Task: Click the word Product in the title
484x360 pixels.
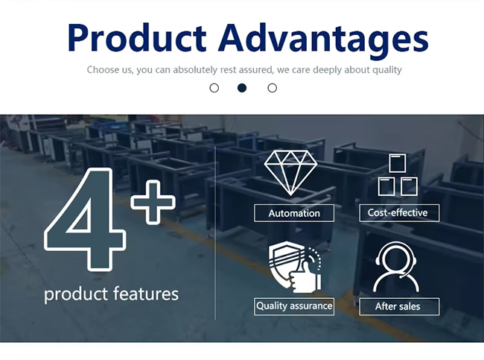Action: [x=137, y=37]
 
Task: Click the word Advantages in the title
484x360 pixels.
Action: [x=323, y=40]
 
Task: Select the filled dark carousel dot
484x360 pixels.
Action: [x=242, y=88]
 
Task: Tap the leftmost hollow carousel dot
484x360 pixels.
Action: [x=214, y=88]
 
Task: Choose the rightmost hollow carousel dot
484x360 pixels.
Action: [x=273, y=88]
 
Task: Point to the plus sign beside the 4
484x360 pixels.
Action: [x=153, y=202]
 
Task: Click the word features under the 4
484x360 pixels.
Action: [x=145, y=293]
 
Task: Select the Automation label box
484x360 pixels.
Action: [x=294, y=213]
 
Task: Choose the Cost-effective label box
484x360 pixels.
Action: [x=399, y=212]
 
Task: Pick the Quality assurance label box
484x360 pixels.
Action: [x=294, y=306]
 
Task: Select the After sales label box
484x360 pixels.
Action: [x=399, y=306]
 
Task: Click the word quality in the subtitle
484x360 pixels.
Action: [x=387, y=70]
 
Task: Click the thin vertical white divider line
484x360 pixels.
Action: [x=215, y=233]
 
